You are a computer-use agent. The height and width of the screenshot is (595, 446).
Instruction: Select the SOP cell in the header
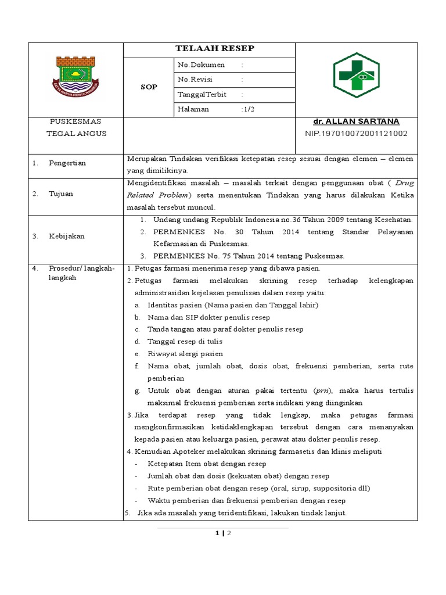(149, 87)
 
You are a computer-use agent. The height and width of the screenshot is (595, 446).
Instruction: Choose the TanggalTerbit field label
(202, 94)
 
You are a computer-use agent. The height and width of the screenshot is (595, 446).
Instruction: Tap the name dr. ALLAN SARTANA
(356, 121)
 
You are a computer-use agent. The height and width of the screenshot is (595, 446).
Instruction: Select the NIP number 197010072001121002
(356, 134)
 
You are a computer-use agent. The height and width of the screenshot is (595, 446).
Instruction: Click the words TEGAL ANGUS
(76, 134)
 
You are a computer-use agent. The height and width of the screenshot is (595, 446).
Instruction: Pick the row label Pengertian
(67, 163)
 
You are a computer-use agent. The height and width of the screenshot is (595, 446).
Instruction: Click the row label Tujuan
(60, 193)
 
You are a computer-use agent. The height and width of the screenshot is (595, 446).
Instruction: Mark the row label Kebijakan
(66, 236)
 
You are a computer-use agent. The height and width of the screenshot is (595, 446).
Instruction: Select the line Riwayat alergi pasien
(185, 354)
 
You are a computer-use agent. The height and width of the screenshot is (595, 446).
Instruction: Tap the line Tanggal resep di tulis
(185, 342)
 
